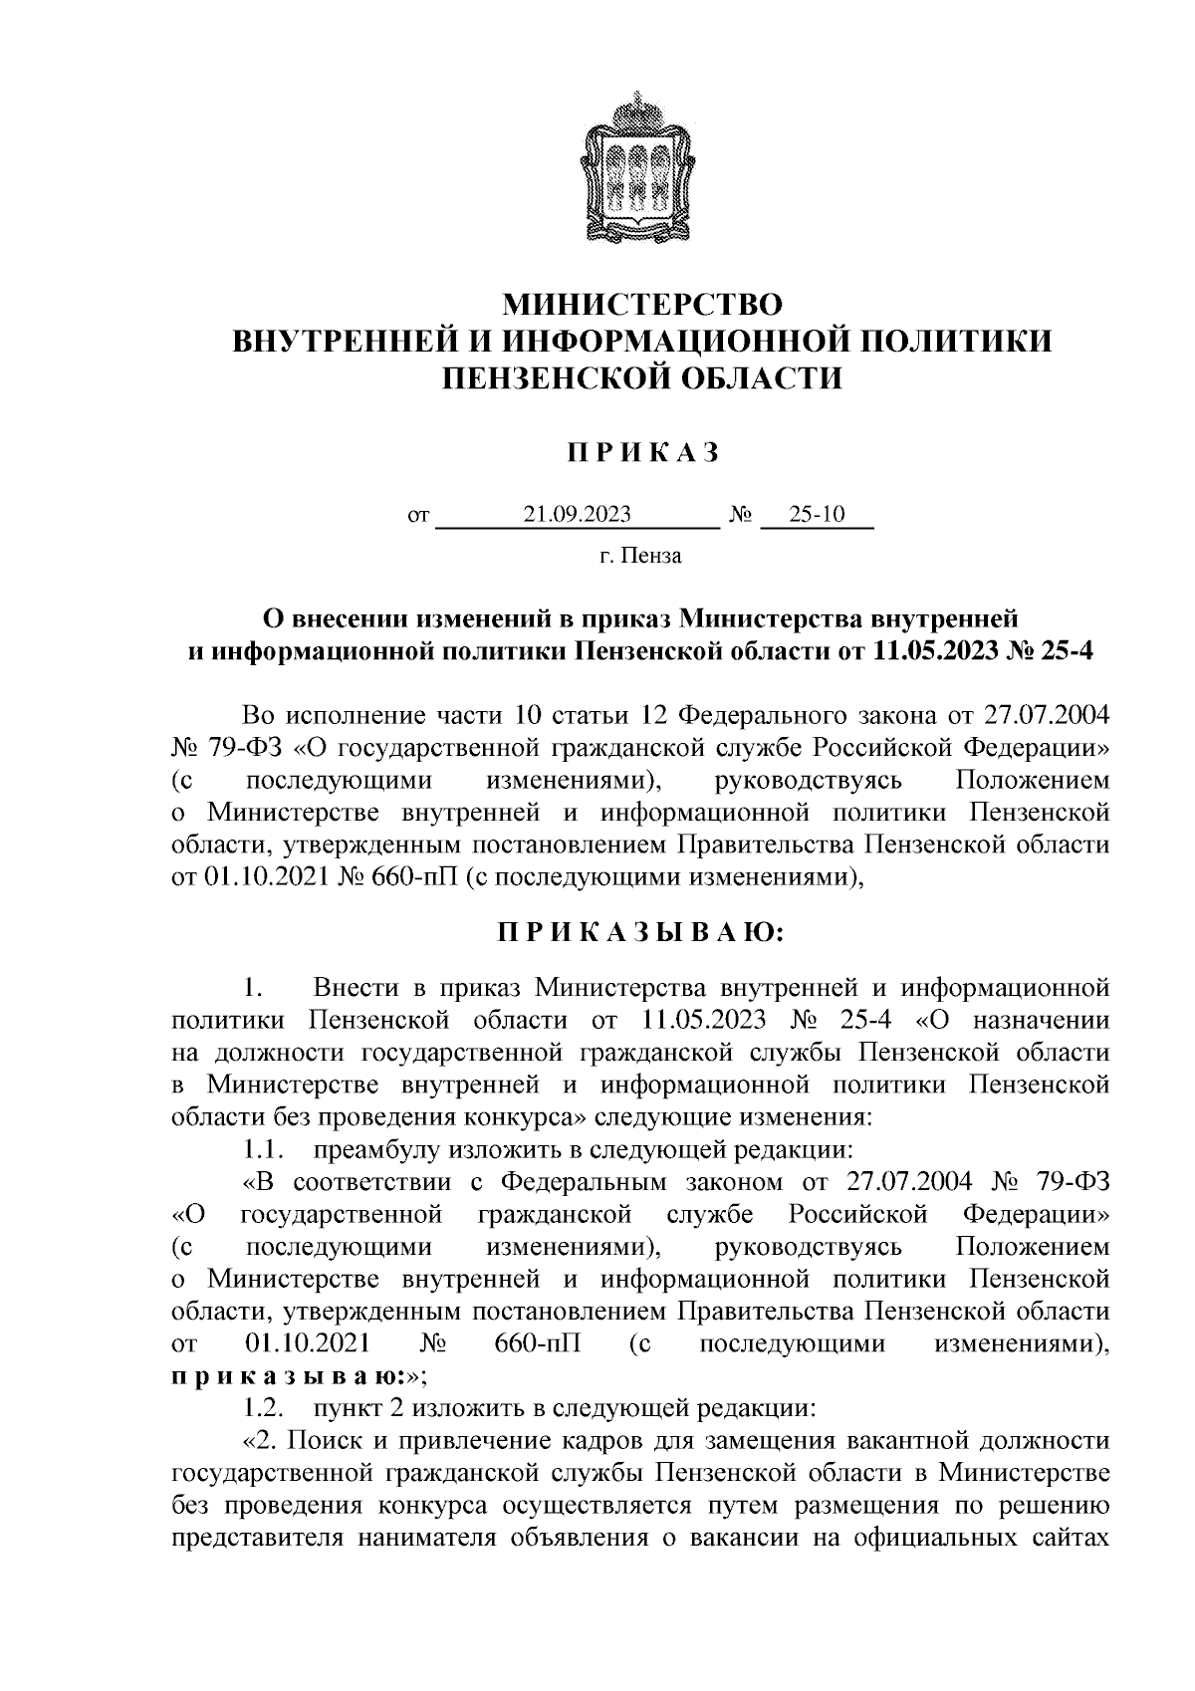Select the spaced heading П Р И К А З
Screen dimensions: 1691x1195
click(642, 452)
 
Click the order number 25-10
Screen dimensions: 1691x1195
click(816, 515)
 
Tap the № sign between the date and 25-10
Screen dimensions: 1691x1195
click(740, 515)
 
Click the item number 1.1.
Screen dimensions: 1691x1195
click(264, 1150)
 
